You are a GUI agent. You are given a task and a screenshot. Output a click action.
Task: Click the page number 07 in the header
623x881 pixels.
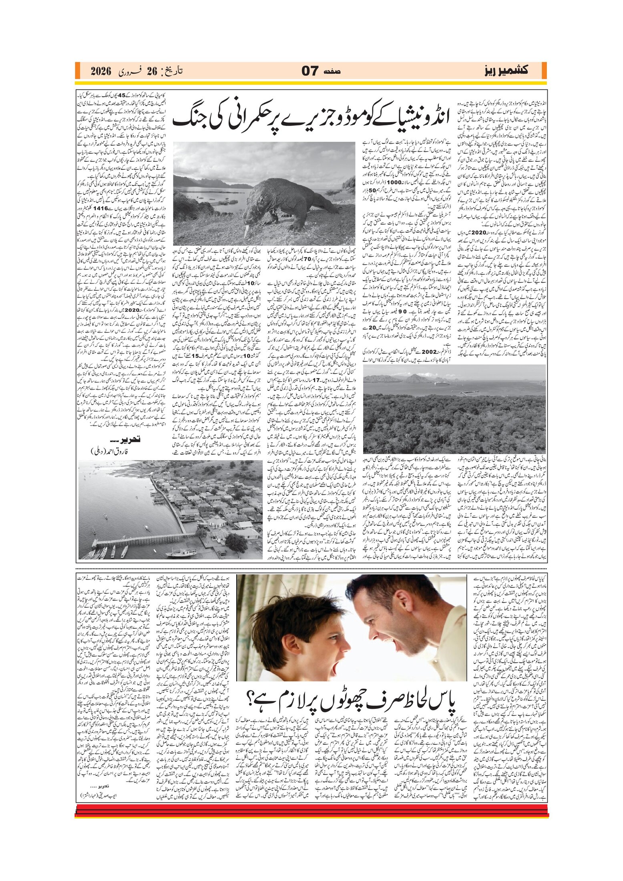309,71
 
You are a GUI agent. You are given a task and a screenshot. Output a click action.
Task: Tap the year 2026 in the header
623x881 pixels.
100,71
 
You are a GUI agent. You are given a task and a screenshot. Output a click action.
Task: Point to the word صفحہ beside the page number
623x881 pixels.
334,72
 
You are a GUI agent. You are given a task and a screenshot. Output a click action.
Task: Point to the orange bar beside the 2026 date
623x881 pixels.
78,71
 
